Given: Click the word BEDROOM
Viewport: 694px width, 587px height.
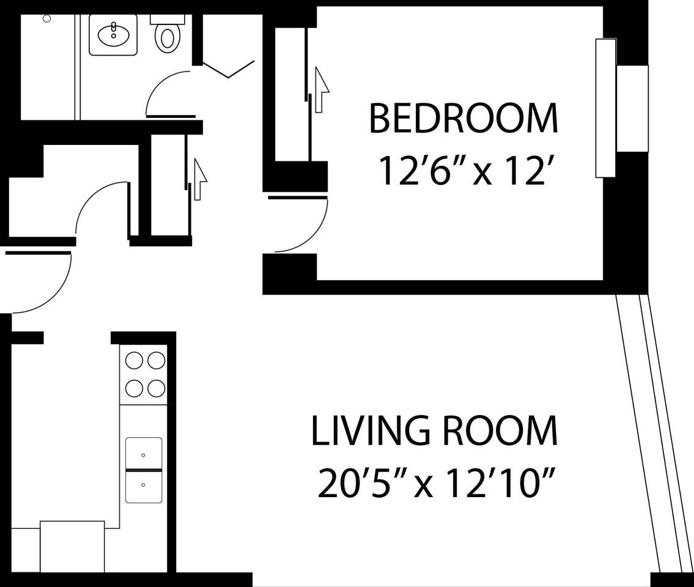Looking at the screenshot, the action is pyautogui.click(x=463, y=118).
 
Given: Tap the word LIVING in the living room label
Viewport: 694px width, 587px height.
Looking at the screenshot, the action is pyautogui.click(x=371, y=430).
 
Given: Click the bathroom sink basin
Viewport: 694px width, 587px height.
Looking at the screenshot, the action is pyautogui.click(x=113, y=35).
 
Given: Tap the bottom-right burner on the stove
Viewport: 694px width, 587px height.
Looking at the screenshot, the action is pyautogui.click(x=157, y=389).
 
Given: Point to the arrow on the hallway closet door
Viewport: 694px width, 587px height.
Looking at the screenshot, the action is pyautogui.click(x=200, y=179).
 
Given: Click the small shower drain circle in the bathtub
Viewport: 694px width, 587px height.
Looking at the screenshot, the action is pyautogui.click(x=47, y=18).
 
